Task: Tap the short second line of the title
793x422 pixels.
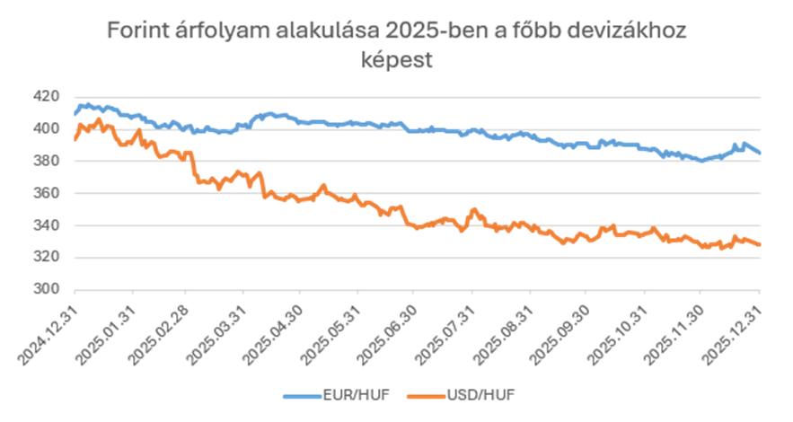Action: point(396,61)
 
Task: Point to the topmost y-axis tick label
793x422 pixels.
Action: point(47,96)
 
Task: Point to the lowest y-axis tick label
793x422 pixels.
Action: point(47,288)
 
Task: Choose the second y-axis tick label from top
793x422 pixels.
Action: point(47,128)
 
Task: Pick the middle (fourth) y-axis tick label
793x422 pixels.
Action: point(47,192)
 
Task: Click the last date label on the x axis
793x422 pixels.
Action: point(729,335)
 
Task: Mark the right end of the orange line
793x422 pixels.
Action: point(761,245)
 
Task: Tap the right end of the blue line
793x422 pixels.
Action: point(761,153)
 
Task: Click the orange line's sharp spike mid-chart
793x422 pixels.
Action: point(473,210)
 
